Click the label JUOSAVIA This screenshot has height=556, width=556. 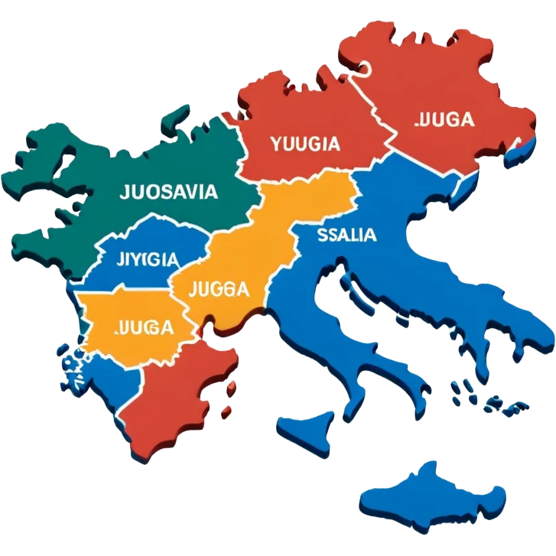(x=168, y=192)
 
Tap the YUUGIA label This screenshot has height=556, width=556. (x=305, y=143)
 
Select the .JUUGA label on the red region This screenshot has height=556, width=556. (x=443, y=119)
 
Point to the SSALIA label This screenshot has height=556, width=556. (x=346, y=235)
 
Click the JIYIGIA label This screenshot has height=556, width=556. (x=149, y=258)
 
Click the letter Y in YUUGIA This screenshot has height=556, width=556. (x=275, y=143)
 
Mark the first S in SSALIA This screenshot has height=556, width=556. (x=322, y=235)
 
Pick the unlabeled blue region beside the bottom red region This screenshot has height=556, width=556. (x=107, y=390)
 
